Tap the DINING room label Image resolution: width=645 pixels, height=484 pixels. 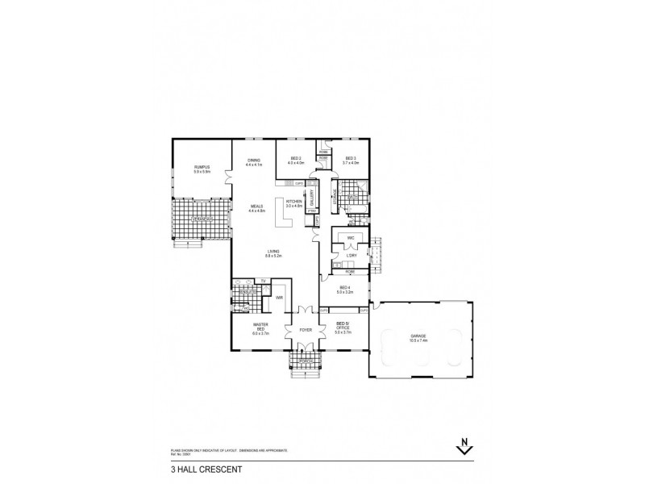253,161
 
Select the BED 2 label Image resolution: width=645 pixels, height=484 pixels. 295,158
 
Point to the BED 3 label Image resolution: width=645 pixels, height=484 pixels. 351,158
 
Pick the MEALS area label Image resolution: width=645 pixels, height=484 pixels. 256,206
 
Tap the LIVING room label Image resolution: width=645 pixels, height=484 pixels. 274,252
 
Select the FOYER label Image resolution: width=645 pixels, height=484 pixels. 306,330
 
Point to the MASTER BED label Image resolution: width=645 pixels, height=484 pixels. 260,328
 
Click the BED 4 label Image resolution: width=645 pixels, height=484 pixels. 344,288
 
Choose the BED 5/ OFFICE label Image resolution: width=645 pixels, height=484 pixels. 343,328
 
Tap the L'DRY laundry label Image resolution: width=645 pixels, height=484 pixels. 351,256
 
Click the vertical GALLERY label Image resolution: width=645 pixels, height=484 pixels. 311,198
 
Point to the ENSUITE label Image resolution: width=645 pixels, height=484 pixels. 247,293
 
